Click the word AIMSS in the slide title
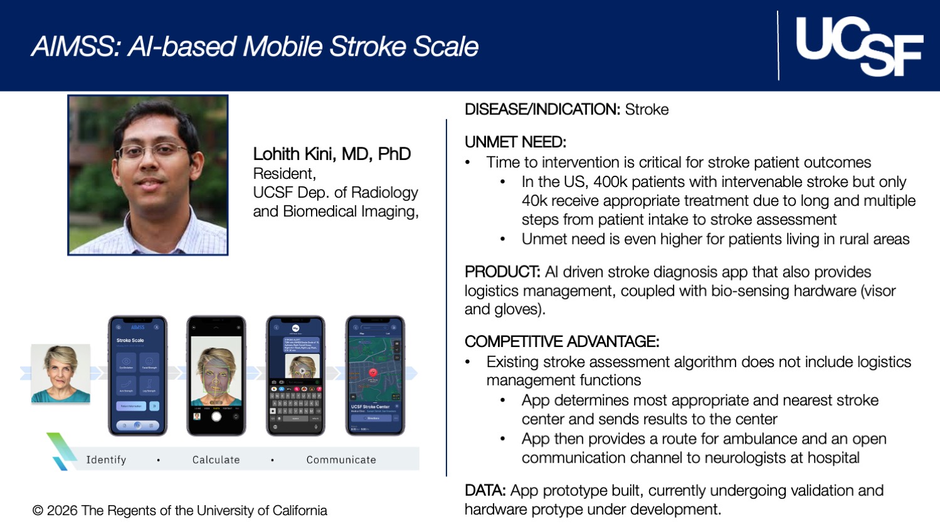[76, 47]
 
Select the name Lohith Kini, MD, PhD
[332, 154]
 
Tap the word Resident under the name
[283, 173]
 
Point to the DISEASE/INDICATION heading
[542, 109]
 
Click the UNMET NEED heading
[515, 142]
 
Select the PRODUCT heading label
[502, 272]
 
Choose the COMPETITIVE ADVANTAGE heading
[561, 341]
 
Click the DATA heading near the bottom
[485, 490]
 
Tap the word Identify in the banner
[106, 460]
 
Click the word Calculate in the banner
[216, 460]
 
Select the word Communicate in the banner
[341, 460]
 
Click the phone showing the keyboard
[296, 375]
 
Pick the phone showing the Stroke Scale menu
[138, 375]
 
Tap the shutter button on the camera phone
[216, 417]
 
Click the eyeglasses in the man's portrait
[152, 151]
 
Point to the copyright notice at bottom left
[180, 511]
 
